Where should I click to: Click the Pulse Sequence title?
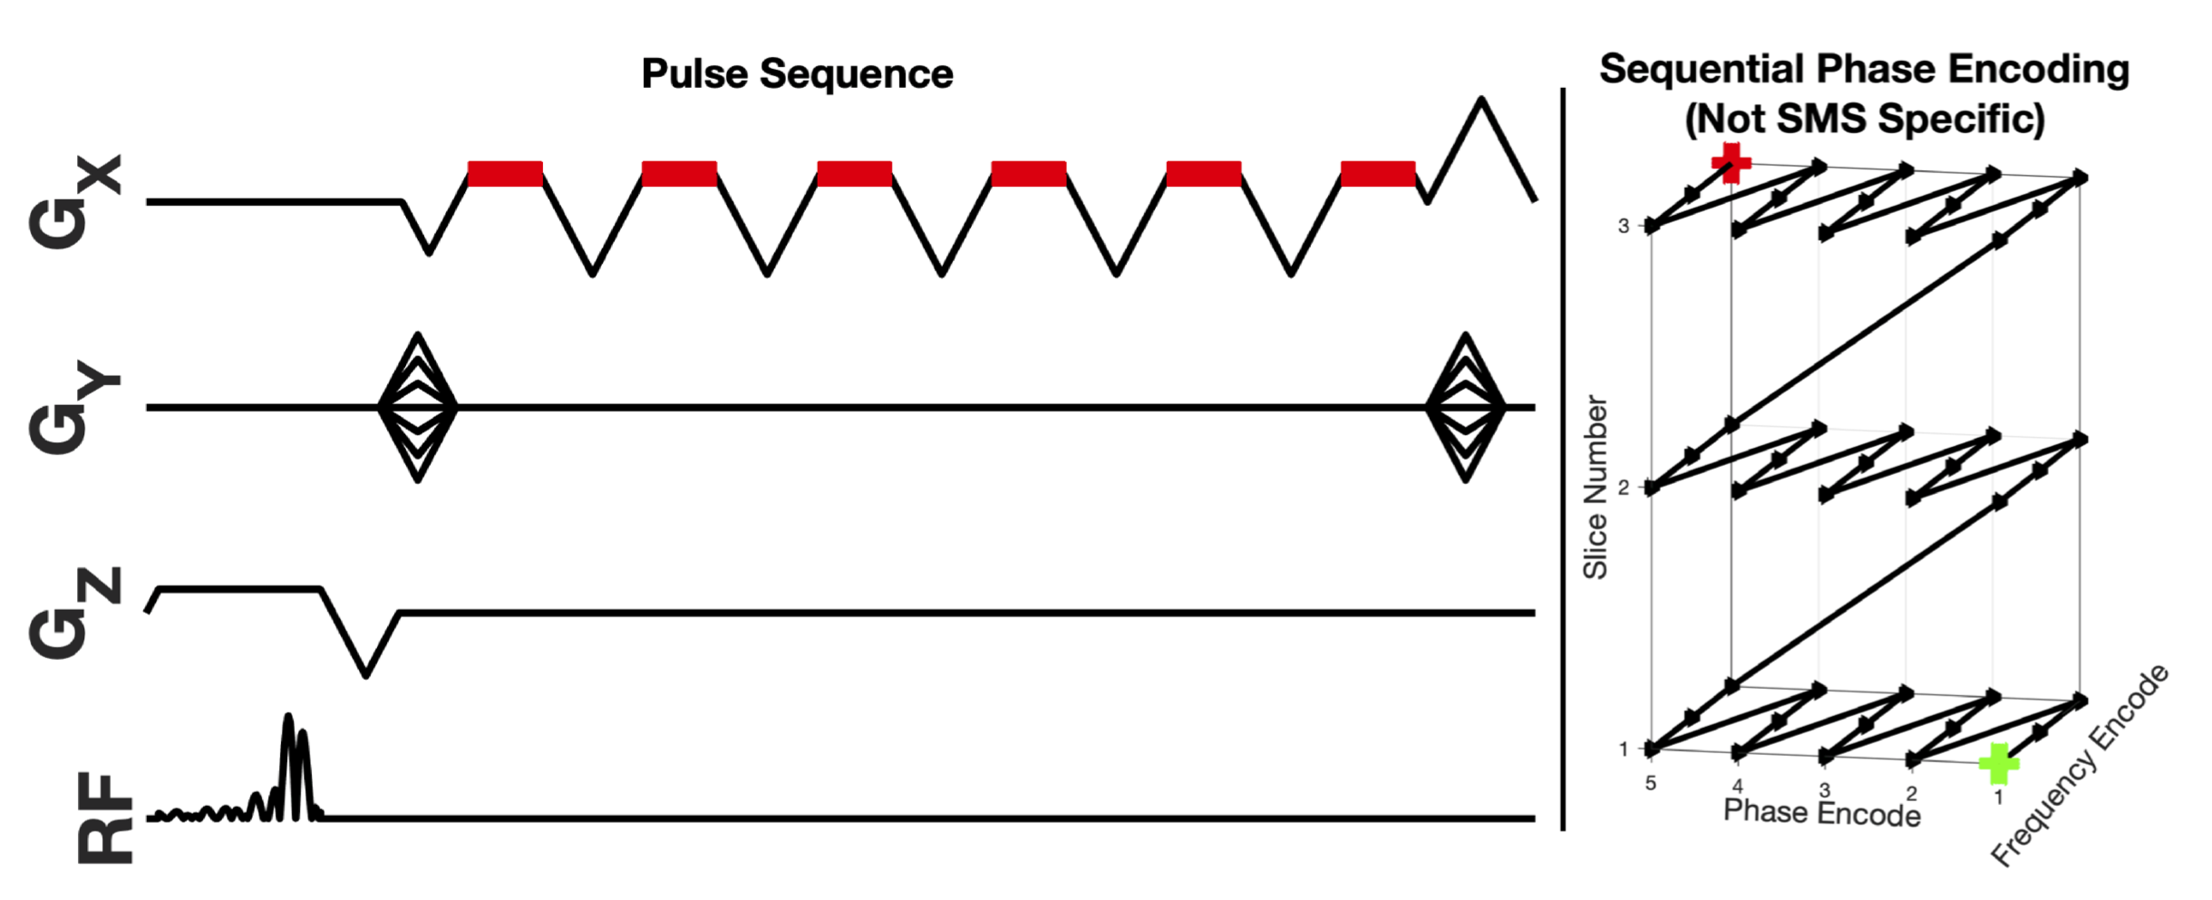tap(797, 74)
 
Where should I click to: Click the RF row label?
tap(104, 818)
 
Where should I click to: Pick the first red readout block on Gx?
tap(505, 174)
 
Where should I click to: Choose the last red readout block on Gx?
tap(1377, 174)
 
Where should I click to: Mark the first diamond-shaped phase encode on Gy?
tap(417, 407)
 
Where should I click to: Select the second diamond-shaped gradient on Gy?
tap(1465, 407)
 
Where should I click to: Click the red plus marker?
tap(1731, 163)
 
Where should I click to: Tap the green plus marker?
tap(1998, 763)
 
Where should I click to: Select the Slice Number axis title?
tap(1595, 487)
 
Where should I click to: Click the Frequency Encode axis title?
tap(2080, 766)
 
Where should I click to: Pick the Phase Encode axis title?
tap(1821, 812)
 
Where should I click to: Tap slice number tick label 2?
tap(1624, 488)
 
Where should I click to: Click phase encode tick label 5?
tap(1651, 783)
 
